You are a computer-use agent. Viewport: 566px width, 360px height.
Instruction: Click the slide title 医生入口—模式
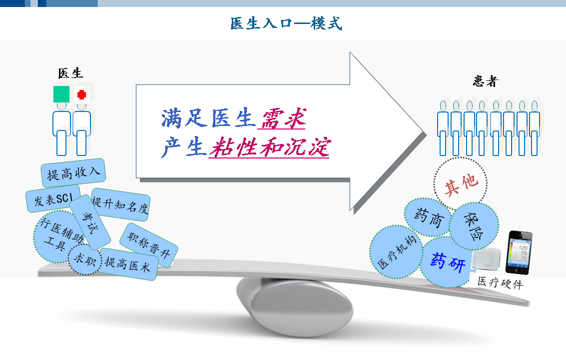pyautogui.click(x=286, y=23)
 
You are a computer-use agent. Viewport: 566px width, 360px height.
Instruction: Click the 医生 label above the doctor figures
pyautogui.click(x=71, y=73)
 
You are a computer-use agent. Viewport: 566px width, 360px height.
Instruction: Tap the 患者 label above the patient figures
pyautogui.click(x=486, y=81)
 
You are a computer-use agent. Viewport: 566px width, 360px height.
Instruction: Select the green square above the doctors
pyautogui.click(x=61, y=94)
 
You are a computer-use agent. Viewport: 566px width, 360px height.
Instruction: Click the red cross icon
pyautogui.click(x=82, y=94)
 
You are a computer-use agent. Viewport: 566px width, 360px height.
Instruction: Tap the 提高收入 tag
pyautogui.click(x=73, y=172)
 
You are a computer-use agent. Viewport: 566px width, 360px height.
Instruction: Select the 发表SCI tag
pyautogui.click(x=53, y=199)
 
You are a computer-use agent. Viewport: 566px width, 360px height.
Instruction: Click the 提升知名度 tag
pyautogui.click(x=120, y=204)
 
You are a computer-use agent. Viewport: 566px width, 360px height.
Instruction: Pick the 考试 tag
pyautogui.click(x=90, y=222)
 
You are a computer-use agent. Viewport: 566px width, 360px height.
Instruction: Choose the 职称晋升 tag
pyautogui.click(x=149, y=245)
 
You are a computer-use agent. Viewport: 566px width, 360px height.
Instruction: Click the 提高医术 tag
pyautogui.click(x=128, y=264)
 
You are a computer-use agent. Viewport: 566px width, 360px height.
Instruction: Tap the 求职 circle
pyautogui.click(x=85, y=259)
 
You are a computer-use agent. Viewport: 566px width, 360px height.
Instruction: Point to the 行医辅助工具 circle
pyautogui.click(x=58, y=236)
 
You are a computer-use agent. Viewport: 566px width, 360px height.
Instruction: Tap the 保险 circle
pyautogui.click(x=474, y=226)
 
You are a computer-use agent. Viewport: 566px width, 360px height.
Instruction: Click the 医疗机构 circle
pyautogui.click(x=396, y=252)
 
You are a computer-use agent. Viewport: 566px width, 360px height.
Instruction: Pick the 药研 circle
pyautogui.click(x=448, y=262)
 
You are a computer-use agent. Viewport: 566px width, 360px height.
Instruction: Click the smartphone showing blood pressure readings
pyautogui.click(x=519, y=252)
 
